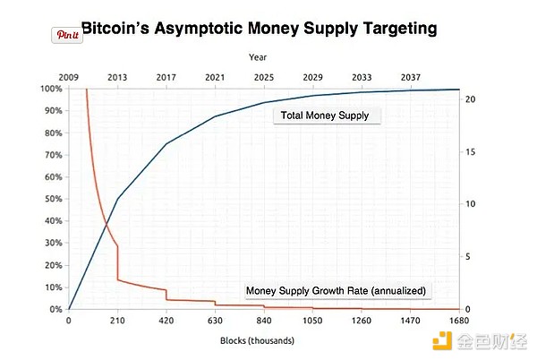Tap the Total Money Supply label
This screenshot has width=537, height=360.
(x=326, y=116)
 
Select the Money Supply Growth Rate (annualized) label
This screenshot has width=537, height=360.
(x=336, y=290)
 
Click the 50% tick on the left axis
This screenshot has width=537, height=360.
(x=52, y=199)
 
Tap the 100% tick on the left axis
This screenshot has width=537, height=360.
(x=50, y=89)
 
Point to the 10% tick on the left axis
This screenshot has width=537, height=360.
(x=52, y=287)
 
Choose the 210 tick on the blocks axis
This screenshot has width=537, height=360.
(x=117, y=320)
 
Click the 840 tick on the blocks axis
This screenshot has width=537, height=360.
(x=264, y=320)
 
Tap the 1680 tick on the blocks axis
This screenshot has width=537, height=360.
(x=459, y=320)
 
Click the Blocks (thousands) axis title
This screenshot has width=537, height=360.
(x=257, y=341)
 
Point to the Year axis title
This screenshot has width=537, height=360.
(x=258, y=57)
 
